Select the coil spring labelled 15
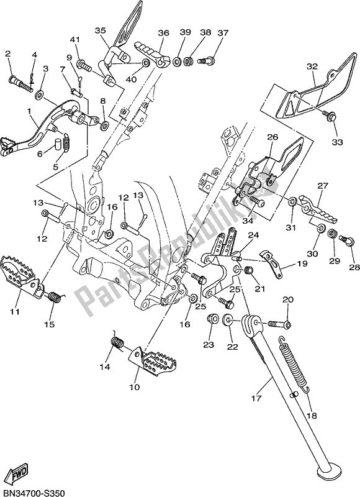pyautogui.click(x=54, y=297)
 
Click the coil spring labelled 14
pyautogui.click(x=115, y=344)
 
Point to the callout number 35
pyautogui.click(x=101, y=30)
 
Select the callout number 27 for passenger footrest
pyautogui.click(x=322, y=185)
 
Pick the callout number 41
pyautogui.click(x=75, y=40)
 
